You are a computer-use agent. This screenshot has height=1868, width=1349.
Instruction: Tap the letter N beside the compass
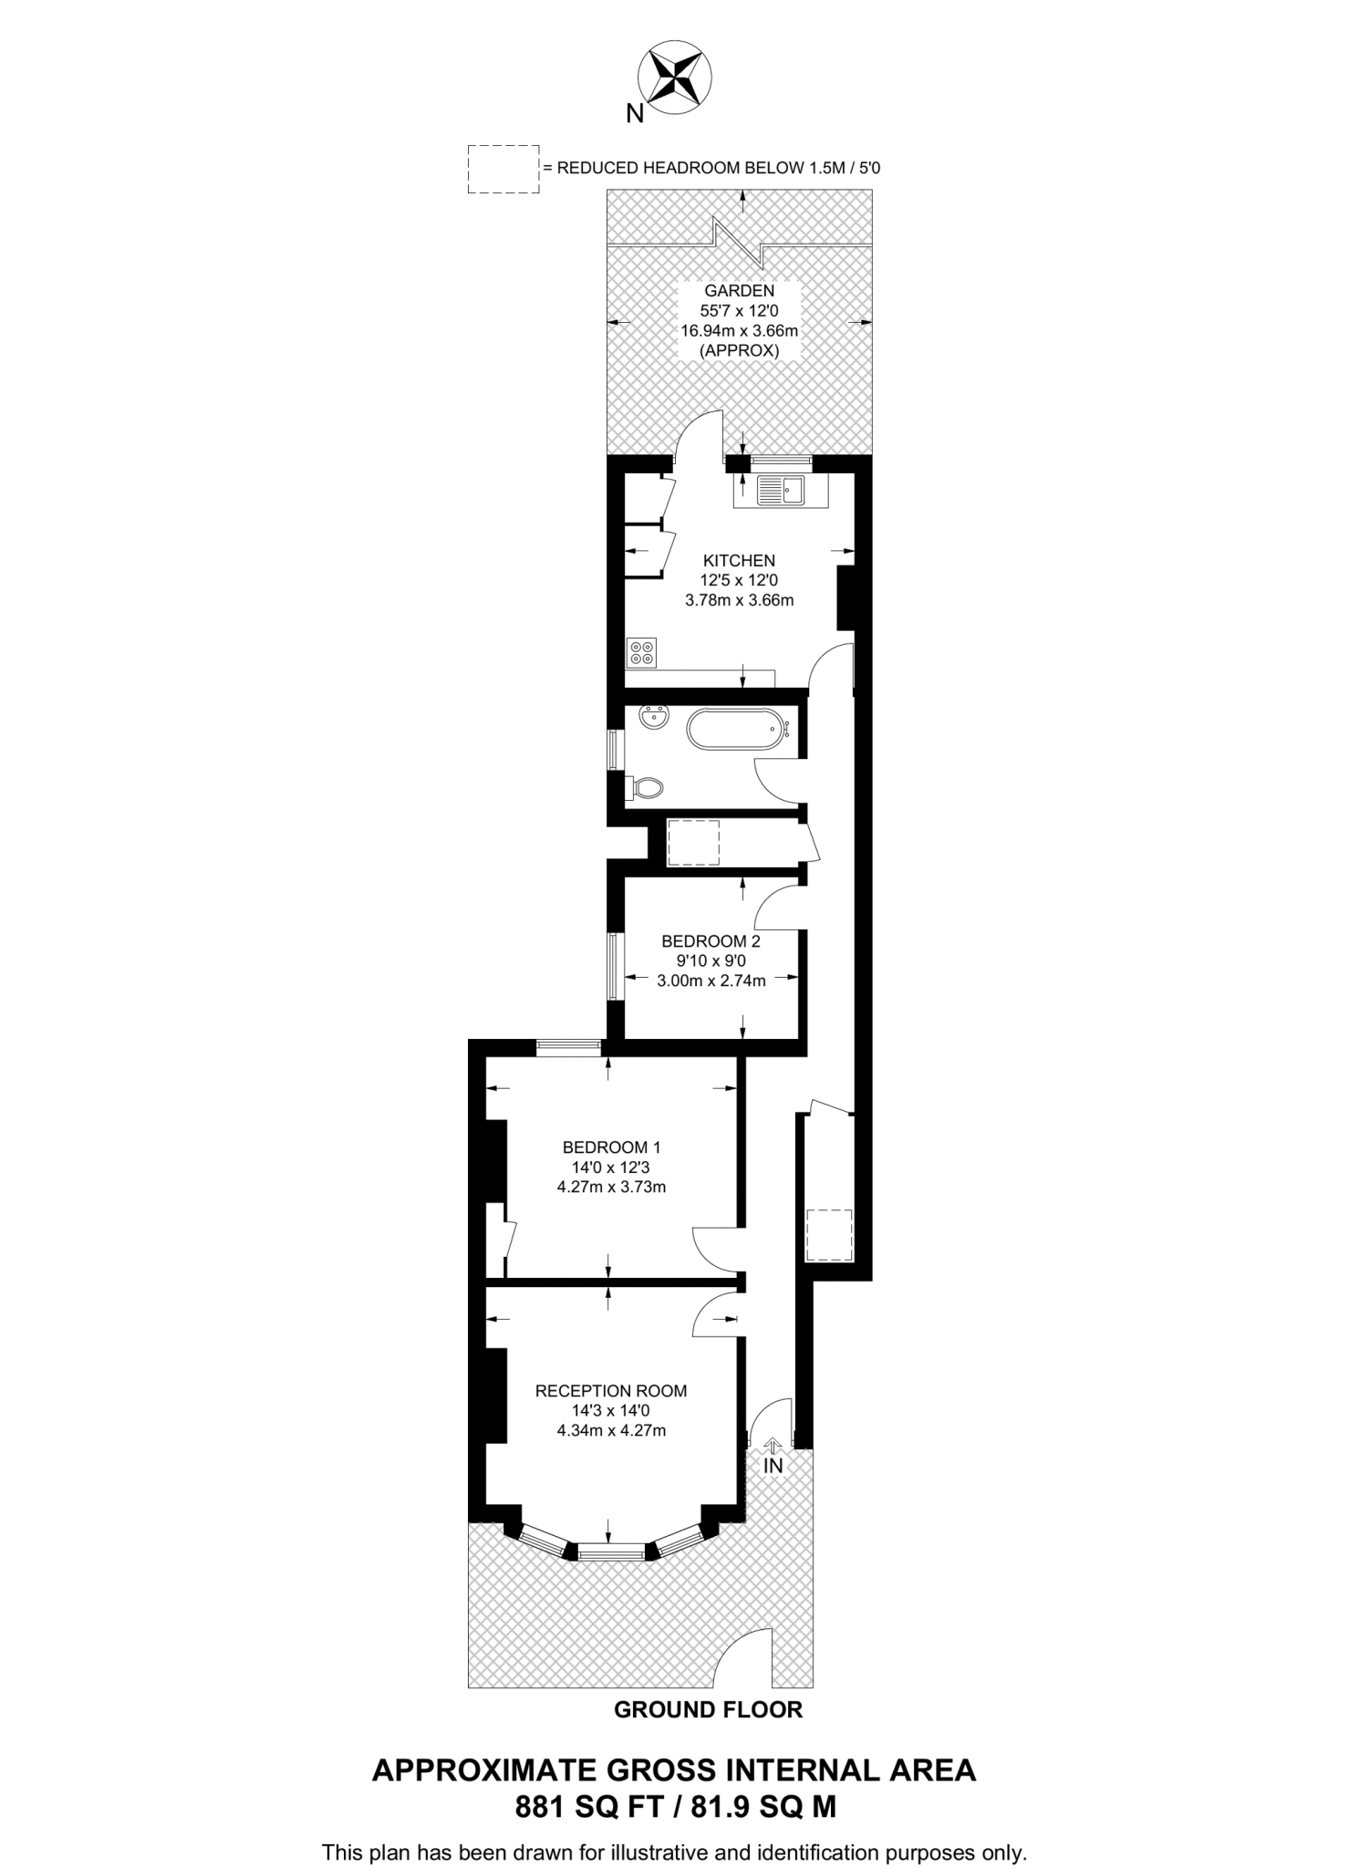click(x=635, y=114)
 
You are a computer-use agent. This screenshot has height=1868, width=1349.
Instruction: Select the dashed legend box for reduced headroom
click(x=503, y=169)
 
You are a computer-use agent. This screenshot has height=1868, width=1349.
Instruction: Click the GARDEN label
click(x=739, y=291)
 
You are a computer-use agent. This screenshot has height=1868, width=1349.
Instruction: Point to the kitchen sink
click(x=780, y=492)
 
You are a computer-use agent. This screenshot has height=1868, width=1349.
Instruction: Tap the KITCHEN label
click(x=739, y=560)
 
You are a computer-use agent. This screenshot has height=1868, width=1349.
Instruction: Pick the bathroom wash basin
click(x=653, y=719)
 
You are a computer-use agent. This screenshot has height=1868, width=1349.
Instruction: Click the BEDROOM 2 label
click(x=711, y=940)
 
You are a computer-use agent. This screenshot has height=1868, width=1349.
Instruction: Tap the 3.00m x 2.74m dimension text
click(x=711, y=981)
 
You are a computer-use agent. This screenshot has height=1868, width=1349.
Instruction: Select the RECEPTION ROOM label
click(x=611, y=1391)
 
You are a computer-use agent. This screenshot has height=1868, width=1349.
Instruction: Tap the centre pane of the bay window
click(x=610, y=1550)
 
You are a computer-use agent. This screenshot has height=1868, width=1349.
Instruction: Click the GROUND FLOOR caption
click(x=708, y=1710)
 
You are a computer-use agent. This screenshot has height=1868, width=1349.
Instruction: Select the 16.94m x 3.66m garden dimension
click(x=739, y=330)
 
